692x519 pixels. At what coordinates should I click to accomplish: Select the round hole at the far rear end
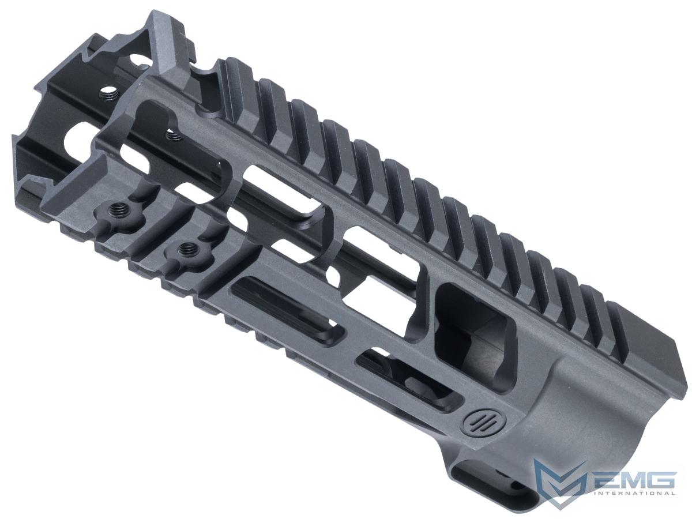coord(76,144)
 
